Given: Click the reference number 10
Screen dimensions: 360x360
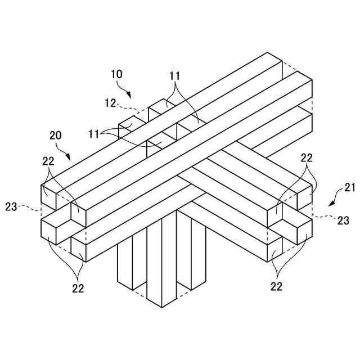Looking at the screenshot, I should [116, 74].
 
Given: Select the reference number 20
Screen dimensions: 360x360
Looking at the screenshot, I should [55, 136].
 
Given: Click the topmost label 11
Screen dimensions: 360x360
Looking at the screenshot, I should [175, 75].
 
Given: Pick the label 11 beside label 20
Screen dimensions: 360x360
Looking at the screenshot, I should [94, 134].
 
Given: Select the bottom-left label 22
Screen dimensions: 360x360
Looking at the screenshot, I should [78, 288].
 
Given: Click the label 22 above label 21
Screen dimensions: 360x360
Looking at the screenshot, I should [306, 158].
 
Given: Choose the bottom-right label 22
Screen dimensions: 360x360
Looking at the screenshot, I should [276, 286].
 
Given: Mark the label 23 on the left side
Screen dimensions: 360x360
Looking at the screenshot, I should [11, 207].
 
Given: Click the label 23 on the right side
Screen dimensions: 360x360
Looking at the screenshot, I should [343, 221].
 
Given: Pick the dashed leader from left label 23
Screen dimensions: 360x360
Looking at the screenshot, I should [31, 209].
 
